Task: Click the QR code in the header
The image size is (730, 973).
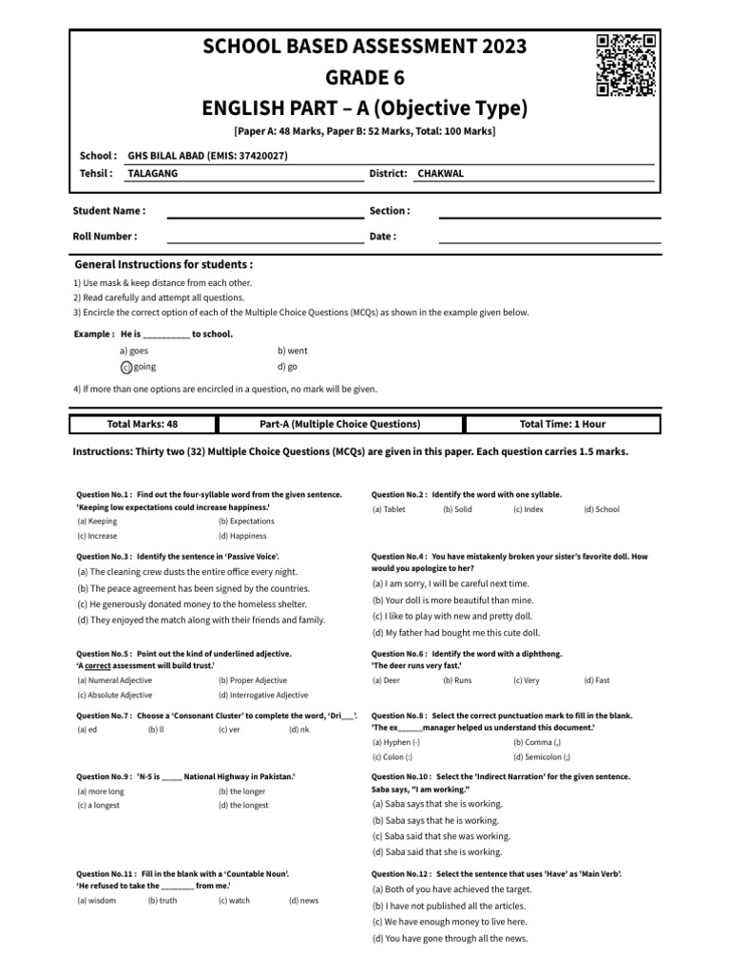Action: coord(625,65)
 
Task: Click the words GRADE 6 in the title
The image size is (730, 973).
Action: coord(364,77)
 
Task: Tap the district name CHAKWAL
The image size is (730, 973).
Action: coord(440,174)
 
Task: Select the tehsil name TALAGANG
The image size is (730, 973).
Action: coord(153,174)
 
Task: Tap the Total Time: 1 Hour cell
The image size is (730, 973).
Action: coord(562,424)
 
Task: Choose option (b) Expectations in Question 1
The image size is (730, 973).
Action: coord(246,522)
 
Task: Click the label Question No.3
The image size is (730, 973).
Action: coord(105,555)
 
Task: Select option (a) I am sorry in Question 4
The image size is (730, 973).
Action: coord(450,583)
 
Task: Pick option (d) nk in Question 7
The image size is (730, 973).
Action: coord(299,730)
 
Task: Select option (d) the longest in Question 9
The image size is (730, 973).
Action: coord(242,806)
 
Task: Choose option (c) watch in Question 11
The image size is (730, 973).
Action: coord(234,901)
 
